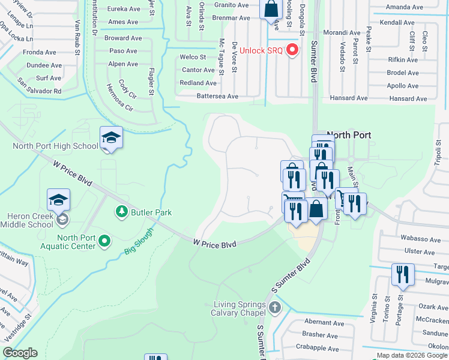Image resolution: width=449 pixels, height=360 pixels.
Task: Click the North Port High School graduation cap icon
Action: [111, 138]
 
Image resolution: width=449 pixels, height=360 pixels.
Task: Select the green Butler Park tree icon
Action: [121, 212]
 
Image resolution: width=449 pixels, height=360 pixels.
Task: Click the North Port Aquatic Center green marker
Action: [105, 241]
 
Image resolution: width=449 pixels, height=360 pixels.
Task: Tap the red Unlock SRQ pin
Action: [293, 49]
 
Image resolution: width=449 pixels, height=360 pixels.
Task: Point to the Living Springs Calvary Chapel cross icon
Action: [275, 308]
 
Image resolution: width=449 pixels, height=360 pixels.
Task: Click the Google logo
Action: [20, 353]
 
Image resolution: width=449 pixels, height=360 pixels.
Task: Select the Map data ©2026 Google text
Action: [412, 355]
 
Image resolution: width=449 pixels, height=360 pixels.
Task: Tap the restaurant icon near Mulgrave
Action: [403, 274]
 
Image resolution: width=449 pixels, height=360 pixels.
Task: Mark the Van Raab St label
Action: [77, 37]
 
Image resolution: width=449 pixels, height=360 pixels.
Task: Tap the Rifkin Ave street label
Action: [403, 59]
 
